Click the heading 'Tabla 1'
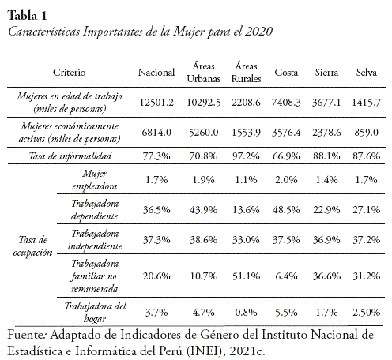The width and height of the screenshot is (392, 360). coord(27,16)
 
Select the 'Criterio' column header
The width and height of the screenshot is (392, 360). coord(70,73)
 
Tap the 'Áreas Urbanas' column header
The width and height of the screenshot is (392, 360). coord(204,72)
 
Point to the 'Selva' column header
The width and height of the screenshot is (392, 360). coord(367,73)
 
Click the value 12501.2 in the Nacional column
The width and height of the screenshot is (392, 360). coord(156,103)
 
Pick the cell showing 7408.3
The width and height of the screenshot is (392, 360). coord(286,103)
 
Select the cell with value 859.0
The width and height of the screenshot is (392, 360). coord(367,132)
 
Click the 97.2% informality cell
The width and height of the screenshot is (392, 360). coord(246,156)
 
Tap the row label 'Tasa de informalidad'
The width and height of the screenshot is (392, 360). coord(70,156)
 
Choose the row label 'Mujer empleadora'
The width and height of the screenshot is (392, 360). coord(95,180)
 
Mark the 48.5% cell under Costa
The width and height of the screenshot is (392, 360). coord(286,210)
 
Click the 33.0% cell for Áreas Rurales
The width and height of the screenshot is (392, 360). coord(246,240)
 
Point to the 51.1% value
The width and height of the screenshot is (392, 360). coord(246,276)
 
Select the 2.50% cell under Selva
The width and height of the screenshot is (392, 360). coord(367,313)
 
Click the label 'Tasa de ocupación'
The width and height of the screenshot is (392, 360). coord(32,246)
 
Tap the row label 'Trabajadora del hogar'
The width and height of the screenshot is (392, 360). coord(95,313)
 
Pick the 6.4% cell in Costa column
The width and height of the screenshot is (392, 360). coord(286,276)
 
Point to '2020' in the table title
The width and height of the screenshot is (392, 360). coord(258,32)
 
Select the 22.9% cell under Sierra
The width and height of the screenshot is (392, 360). coord(326,210)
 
